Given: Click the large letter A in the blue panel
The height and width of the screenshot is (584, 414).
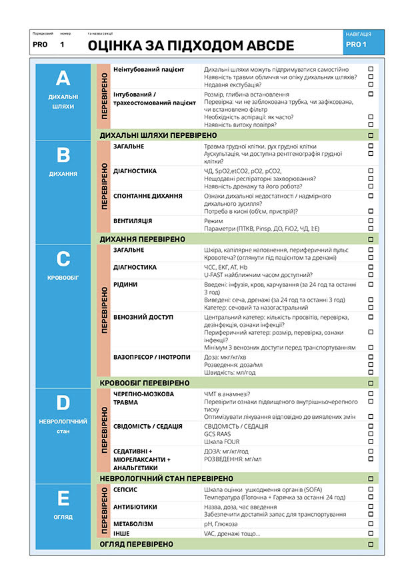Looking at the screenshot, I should pos(63,79).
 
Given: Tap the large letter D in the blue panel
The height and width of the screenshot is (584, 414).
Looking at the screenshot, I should pos(63,402).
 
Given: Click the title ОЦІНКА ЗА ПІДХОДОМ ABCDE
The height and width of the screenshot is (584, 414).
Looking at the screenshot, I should pos(191,45).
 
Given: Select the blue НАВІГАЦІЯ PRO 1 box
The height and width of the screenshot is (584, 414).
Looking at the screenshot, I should pos(364,41).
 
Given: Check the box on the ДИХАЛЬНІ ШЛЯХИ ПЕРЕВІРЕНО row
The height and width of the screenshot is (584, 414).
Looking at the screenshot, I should pos(371,135).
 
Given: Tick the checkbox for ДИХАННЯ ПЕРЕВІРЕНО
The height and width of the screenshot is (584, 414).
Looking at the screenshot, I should pos(371,239).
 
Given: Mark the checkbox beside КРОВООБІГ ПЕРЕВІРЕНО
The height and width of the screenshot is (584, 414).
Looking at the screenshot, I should pos(371,383).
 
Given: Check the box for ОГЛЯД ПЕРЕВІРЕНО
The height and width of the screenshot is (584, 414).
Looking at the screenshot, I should pos(371,544).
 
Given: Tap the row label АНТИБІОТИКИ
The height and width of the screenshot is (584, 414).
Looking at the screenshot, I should pos(135,507).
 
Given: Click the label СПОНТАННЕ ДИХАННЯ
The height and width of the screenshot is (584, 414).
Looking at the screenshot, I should pos(147,196).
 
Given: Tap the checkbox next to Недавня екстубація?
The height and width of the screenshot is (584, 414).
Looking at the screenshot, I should pos(371,85).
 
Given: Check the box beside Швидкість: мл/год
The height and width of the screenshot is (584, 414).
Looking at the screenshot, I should pos(371,373).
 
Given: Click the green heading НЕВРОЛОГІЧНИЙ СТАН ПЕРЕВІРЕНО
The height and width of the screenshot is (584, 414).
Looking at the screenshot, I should pos(167,478).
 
